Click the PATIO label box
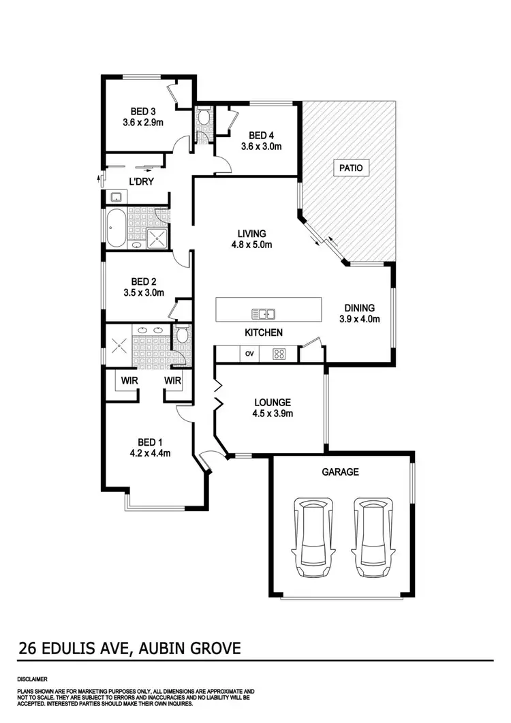352,167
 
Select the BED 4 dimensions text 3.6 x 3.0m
261,146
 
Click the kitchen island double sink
263,314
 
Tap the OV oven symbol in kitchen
249,354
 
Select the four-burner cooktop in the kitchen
279,354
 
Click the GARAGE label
340,472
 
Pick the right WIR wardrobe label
172,380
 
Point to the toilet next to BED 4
204,119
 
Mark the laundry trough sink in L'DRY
114,198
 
